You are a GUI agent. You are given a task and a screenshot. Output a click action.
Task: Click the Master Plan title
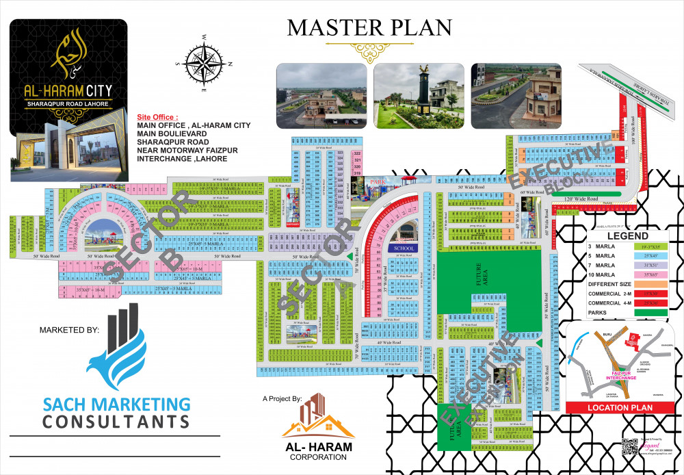pos(369,27)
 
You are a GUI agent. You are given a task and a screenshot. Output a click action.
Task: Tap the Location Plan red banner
pos(620,407)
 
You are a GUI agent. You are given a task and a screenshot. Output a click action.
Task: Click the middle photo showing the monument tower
pos(418,96)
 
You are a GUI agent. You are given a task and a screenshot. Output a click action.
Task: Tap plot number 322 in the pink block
pos(356,153)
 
